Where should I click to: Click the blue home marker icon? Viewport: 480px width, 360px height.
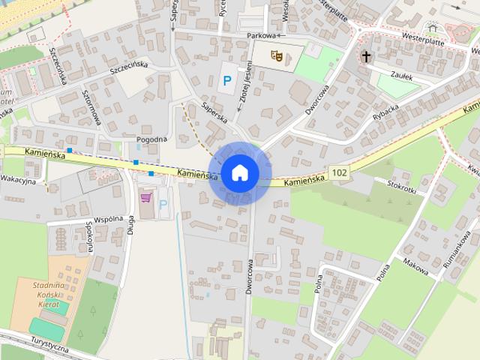click(239, 172)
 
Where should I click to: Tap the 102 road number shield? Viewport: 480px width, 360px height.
click(339, 173)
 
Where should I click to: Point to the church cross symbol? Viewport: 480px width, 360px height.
click(366, 56)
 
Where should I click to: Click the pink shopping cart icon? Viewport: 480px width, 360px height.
click(145, 198)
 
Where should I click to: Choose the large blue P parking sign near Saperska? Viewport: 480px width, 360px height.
click(226, 80)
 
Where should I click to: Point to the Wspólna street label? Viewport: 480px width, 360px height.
click(109, 219)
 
